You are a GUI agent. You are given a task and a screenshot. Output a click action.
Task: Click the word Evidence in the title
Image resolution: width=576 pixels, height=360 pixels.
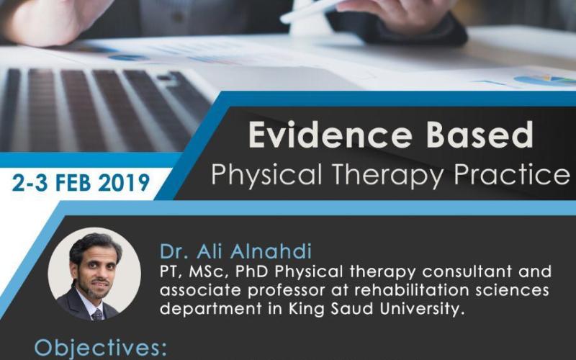(x=330, y=135)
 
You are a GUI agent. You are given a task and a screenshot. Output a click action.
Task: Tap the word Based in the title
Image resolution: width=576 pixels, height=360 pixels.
(x=480, y=135)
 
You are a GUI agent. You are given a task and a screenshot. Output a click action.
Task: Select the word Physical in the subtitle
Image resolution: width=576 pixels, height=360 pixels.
(x=266, y=175)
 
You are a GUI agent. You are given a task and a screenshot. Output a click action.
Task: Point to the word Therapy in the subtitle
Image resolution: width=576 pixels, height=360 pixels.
(x=387, y=175)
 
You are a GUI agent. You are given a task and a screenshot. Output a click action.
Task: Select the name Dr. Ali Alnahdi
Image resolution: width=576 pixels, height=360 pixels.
(x=235, y=251)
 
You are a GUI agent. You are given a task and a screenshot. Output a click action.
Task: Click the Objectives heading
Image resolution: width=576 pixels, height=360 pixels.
(x=100, y=348)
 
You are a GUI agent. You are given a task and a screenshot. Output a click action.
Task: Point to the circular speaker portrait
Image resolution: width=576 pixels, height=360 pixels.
(x=94, y=274)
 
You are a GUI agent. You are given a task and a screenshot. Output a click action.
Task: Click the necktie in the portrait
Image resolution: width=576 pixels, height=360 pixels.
(x=97, y=315)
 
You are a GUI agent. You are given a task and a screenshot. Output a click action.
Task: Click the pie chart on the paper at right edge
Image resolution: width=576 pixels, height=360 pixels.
(x=546, y=80)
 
